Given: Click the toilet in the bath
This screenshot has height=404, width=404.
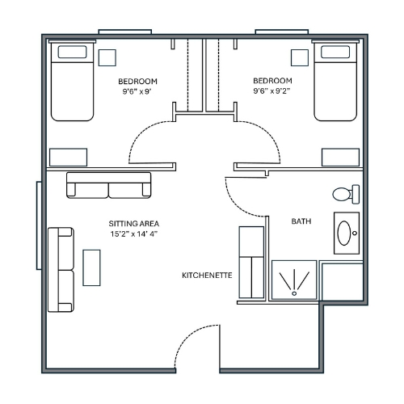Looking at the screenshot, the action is (x=346, y=194).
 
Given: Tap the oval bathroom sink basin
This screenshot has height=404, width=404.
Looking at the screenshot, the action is (x=344, y=233).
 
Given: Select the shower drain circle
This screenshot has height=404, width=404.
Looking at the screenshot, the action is (x=294, y=293).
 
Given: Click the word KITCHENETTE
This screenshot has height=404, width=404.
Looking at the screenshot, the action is (x=207, y=276).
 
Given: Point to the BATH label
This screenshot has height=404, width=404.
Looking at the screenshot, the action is (x=301, y=221).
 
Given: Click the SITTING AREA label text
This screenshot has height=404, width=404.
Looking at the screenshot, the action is (x=134, y=224).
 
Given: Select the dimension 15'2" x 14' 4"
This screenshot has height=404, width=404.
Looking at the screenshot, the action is (x=134, y=234).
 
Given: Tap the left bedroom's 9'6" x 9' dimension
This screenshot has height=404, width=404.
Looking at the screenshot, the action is (x=137, y=91).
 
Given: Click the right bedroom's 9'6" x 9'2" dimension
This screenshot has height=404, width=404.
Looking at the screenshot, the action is (x=271, y=91).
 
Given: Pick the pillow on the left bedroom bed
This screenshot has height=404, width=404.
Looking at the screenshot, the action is (x=72, y=52).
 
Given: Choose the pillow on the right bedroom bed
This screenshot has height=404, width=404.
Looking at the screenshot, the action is (x=335, y=52).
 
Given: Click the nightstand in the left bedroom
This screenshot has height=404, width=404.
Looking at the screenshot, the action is (x=107, y=57).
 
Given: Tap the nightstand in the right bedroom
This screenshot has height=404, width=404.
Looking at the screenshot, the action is (x=300, y=57).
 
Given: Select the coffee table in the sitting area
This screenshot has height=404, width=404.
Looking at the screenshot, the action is (x=91, y=267).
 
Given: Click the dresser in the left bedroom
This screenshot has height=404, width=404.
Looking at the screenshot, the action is (x=69, y=158).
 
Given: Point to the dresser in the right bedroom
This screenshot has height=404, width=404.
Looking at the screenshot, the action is (x=341, y=158).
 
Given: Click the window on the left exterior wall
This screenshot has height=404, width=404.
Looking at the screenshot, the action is (x=39, y=225).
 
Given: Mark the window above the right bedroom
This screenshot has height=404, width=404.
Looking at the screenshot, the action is (x=282, y=32).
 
